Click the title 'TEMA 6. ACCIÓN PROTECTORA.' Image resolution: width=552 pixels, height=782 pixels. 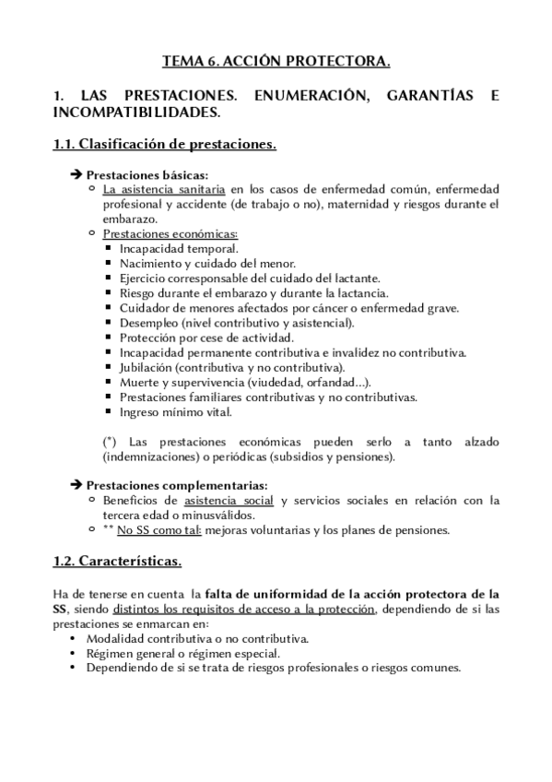point(276,62)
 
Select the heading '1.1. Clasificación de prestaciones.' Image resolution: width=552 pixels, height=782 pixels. point(164,145)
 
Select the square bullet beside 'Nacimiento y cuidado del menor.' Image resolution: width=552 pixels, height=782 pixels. point(109,264)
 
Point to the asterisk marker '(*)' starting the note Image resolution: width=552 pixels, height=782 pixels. point(111,442)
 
